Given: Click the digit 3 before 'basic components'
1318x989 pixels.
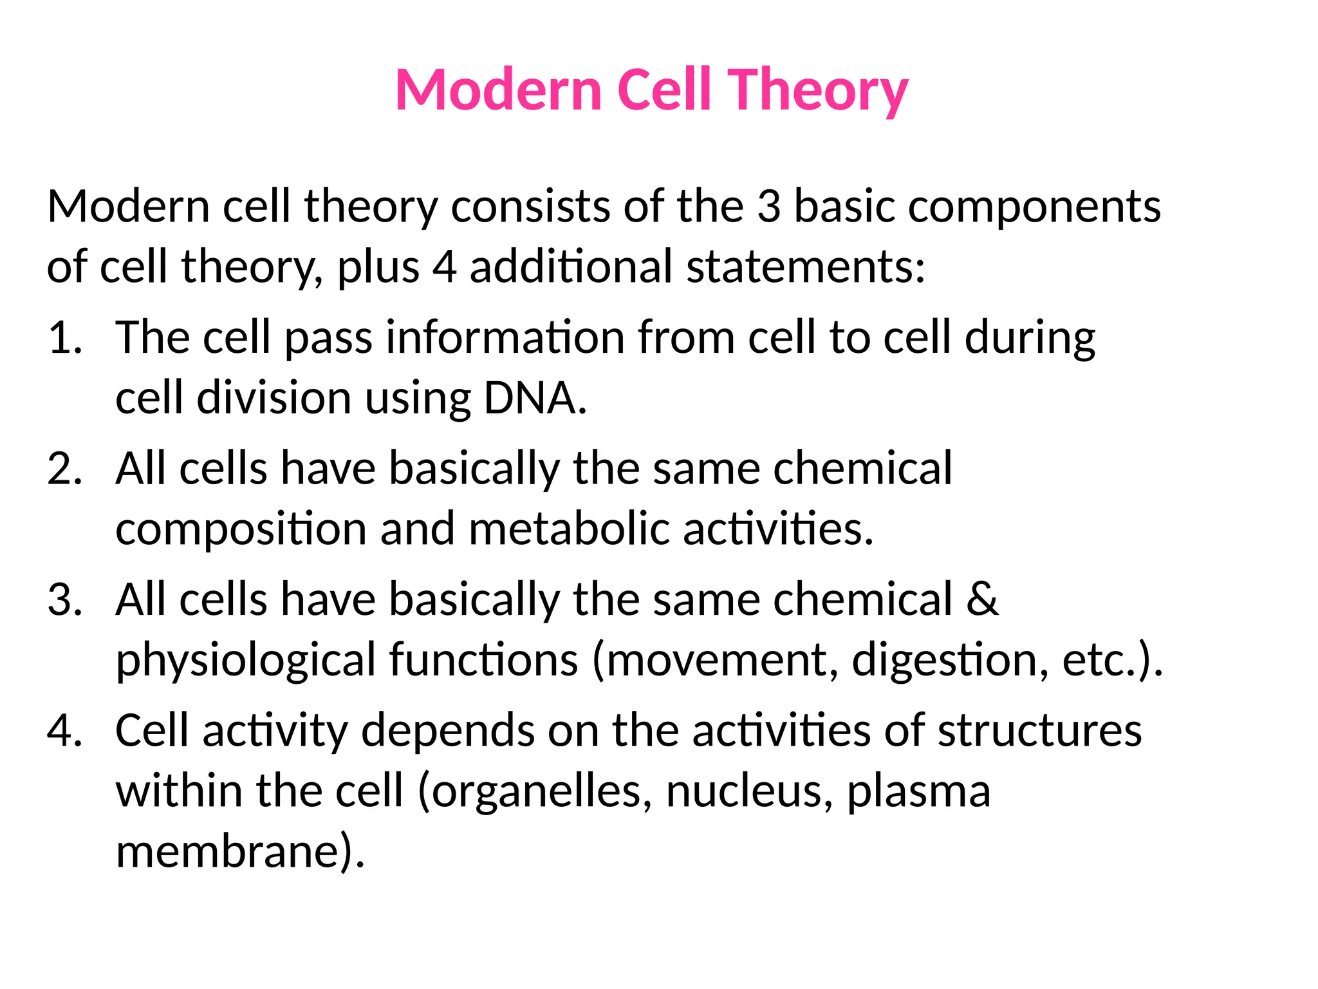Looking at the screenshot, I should click(x=768, y=207).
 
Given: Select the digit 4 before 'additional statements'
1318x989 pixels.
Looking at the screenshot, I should click(x=444, y=267).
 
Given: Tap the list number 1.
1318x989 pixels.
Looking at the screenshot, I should click(x=64, y=337).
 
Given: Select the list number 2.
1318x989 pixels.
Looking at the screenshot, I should click(x=64, y=468).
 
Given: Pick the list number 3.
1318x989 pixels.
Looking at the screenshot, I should click(x=64, y=599).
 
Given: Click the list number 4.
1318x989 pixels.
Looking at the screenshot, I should click(x=64, y=731).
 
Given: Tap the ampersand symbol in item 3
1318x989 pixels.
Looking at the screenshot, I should click(x=982, y=599).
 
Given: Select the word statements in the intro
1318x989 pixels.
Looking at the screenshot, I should click(x=804, y=267).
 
